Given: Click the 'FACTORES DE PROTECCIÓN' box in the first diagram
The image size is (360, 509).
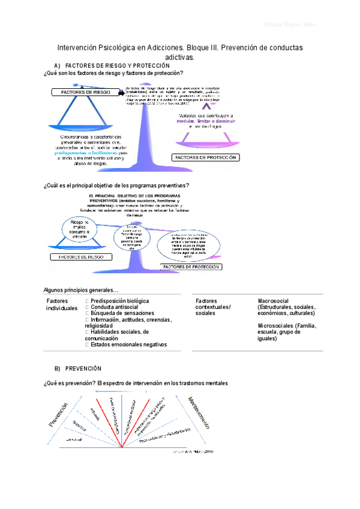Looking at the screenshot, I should [206, 157].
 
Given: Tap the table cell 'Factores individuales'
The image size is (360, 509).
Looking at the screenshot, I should [62, 304].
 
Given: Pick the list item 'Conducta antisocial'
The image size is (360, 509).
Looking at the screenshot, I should [114, 307].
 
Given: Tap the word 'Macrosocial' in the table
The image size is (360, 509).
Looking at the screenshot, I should [274, 301].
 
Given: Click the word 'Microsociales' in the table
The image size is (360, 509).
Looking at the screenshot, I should [277, 326].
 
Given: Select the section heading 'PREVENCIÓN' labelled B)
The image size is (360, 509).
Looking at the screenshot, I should [83, 368].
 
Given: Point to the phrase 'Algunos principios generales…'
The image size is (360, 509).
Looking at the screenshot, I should [81, 289].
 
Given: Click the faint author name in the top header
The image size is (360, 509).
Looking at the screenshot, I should [289, 25].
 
